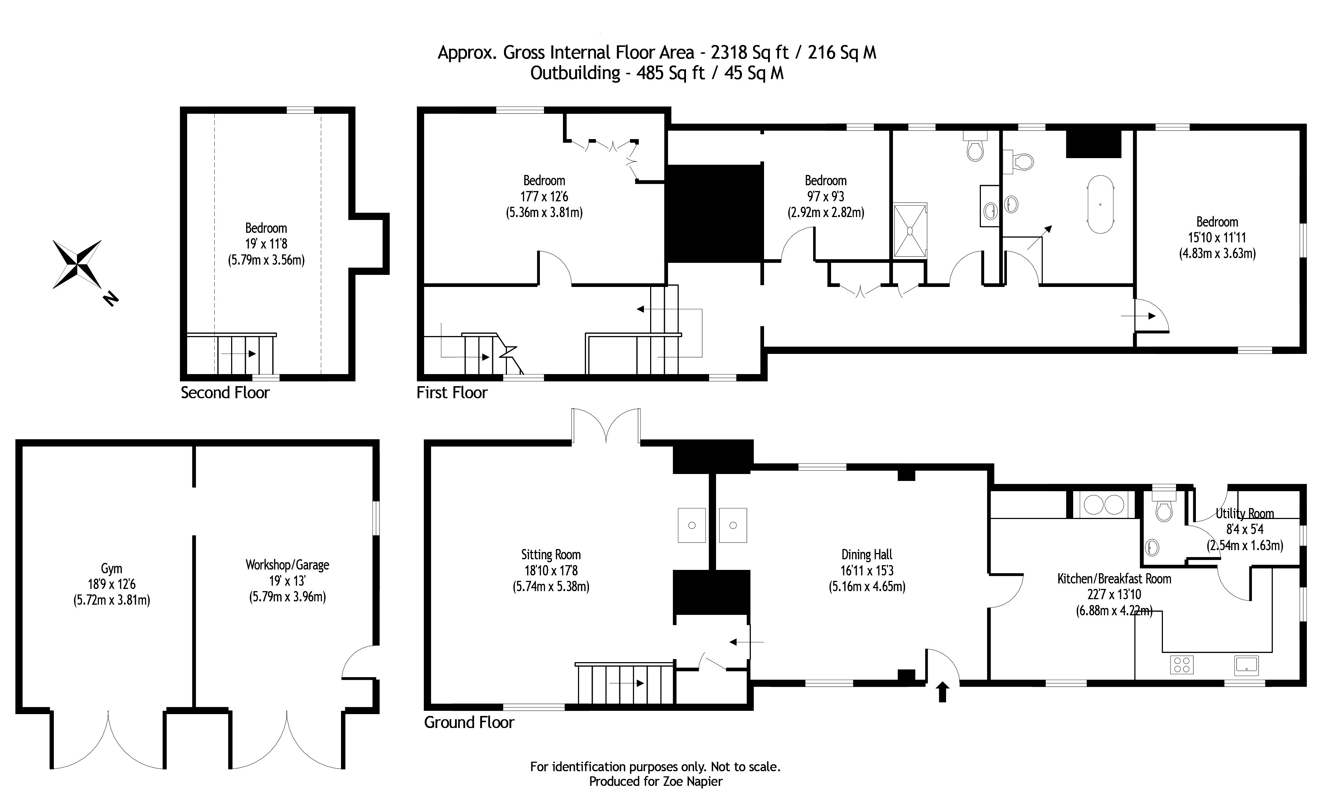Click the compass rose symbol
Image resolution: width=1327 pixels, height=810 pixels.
click(x=78, y=264)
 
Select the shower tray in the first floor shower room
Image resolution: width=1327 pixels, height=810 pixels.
click(x=910, y=230)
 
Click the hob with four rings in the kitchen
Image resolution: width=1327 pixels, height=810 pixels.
click(x=1182, y=665)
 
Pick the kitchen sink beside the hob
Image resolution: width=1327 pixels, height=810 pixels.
click(x=1246, y=665)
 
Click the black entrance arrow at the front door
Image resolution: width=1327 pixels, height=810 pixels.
click(x=942, y=692)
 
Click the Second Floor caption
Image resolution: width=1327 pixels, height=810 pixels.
click(x=225, y=393)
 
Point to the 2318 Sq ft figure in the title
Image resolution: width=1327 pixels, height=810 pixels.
click(x=750, y=53)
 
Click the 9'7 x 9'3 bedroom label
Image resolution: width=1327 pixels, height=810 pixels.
click(x=826, y=197)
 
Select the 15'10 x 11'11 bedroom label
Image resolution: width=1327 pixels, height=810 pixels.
click(x=1217, y=237)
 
